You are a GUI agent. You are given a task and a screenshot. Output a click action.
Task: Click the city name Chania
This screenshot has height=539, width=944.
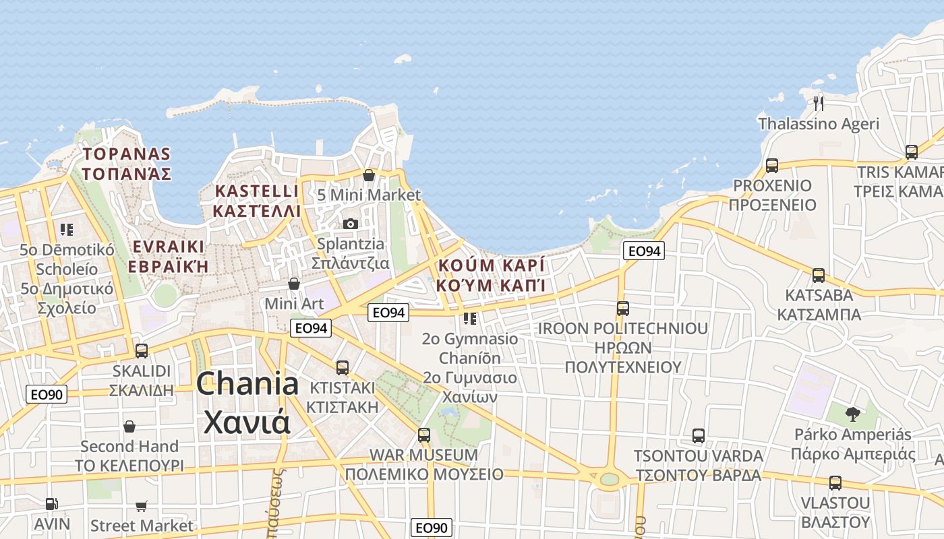247,384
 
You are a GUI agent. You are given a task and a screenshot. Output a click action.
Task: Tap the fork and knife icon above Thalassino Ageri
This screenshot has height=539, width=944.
819,103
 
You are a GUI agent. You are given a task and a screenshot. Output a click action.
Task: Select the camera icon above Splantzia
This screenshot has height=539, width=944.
350,224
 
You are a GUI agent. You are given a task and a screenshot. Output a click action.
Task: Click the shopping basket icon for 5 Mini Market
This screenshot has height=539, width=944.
369,175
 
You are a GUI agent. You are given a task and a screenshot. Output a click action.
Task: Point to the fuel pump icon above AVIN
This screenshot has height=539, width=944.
51,503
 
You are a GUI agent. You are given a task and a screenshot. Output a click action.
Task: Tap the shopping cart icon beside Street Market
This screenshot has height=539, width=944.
142,506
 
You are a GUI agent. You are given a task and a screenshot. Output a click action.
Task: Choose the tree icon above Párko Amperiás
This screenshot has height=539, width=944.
852,414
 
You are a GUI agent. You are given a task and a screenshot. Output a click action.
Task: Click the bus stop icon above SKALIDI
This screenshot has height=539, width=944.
142,350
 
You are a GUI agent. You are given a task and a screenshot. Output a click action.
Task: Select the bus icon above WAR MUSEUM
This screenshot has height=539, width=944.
423,435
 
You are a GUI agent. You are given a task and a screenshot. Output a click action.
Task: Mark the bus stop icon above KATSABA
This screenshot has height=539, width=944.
819,275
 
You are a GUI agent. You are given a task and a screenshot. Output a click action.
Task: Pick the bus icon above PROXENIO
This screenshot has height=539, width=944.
772,165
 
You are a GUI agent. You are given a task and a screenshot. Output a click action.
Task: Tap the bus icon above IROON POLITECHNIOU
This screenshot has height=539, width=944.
622,308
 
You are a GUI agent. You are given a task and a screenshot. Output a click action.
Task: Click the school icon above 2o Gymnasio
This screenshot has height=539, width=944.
470,318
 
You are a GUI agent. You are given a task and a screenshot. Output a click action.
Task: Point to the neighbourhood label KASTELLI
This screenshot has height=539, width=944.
256,191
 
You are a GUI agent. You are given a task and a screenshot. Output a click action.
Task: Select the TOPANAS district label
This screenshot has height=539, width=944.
126,154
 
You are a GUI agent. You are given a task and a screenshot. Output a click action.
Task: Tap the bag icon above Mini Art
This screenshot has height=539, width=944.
293,284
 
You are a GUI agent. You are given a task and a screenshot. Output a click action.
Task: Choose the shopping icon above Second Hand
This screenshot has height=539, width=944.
129,426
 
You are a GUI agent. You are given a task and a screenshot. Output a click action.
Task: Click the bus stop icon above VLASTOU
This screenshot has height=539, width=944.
835,482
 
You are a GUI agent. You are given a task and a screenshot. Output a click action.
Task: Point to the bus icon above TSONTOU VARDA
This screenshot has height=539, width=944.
699,435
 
